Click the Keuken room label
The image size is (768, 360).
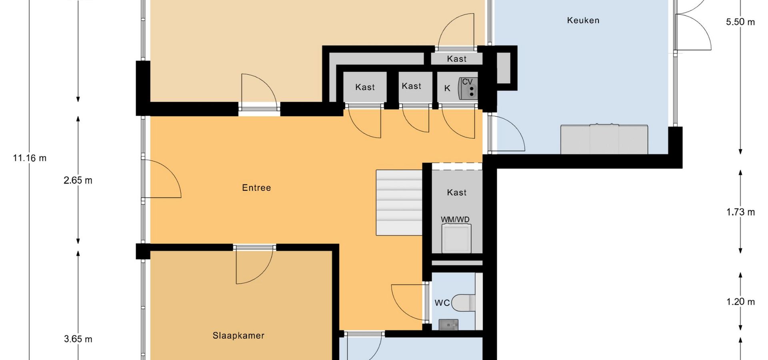point(583,20)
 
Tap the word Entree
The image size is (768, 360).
point(256,188)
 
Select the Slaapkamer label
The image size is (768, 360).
point(238,336)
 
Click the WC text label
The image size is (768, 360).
point(442,303)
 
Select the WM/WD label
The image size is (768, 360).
point(455,220)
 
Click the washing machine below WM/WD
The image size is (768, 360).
point(456,238)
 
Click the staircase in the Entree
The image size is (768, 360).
point(399,203)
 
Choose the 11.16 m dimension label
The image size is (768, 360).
point(30,158)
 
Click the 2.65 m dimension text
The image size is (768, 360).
point(78,180)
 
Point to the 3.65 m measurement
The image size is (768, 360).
point(78,339)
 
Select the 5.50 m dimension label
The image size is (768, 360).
point(740,22)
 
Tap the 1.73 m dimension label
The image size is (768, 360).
point(740,212)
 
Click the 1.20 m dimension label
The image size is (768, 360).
point(740,302)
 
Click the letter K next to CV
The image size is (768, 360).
point(447,88)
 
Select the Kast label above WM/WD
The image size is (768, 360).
point(457,192)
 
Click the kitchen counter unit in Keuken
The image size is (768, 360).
point(604,139)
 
